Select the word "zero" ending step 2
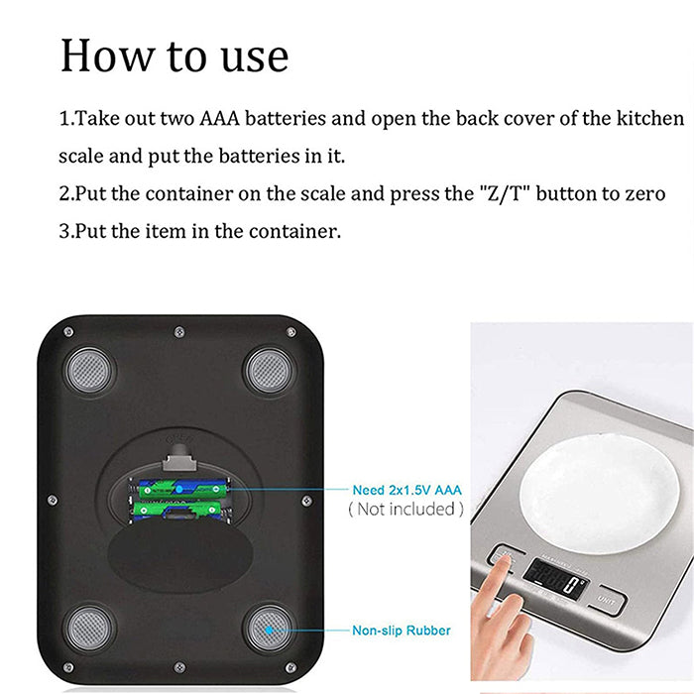644,194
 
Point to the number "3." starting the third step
67,232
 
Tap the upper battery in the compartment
183,489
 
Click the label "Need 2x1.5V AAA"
406,490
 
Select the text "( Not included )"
405,510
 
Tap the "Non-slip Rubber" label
402,631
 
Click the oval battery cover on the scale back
178,557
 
